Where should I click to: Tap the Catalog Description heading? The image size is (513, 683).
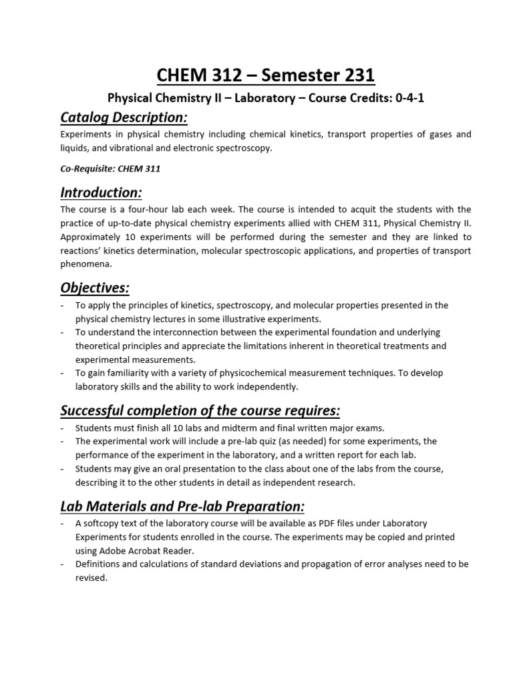point(124,118)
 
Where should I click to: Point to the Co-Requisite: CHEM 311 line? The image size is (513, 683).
point(110,169)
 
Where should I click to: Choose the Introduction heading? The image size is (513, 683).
point(102,193)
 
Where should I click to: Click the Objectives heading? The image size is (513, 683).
point(95,287)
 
